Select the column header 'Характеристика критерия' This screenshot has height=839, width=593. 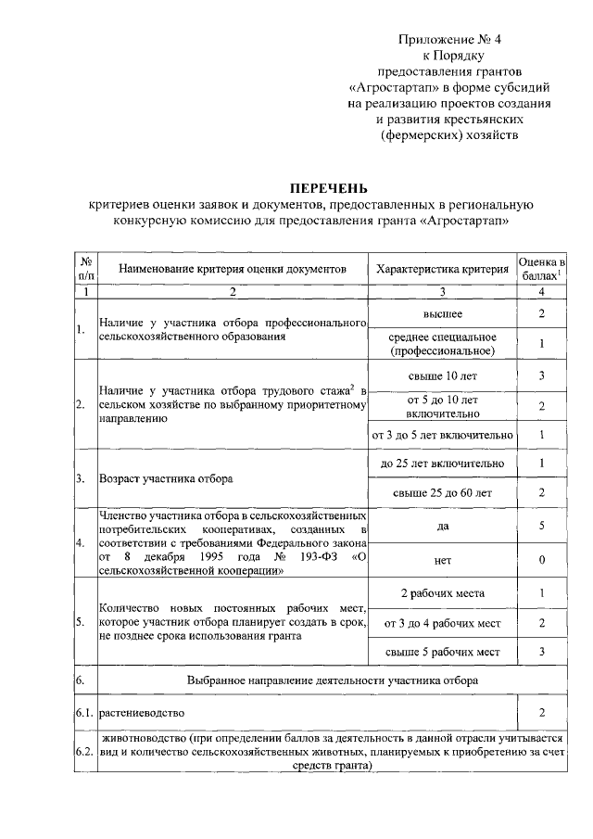point(443,269)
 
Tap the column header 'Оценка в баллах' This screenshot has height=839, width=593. point(541,269)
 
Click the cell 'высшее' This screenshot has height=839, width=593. point(443,315)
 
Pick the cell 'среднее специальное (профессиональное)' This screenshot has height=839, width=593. point(443,343)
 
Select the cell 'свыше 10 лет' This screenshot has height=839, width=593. point(443,375)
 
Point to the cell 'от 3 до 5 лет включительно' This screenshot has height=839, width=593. point(443,434)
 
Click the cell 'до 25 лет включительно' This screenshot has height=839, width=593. point(443,463)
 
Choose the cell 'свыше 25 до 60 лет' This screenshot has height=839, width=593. point(443,493)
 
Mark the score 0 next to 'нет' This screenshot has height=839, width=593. point(541,560)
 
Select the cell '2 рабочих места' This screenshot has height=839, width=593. point(443,593)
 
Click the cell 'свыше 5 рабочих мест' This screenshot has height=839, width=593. point(443,653)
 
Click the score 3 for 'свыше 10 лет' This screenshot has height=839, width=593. point(541,375)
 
